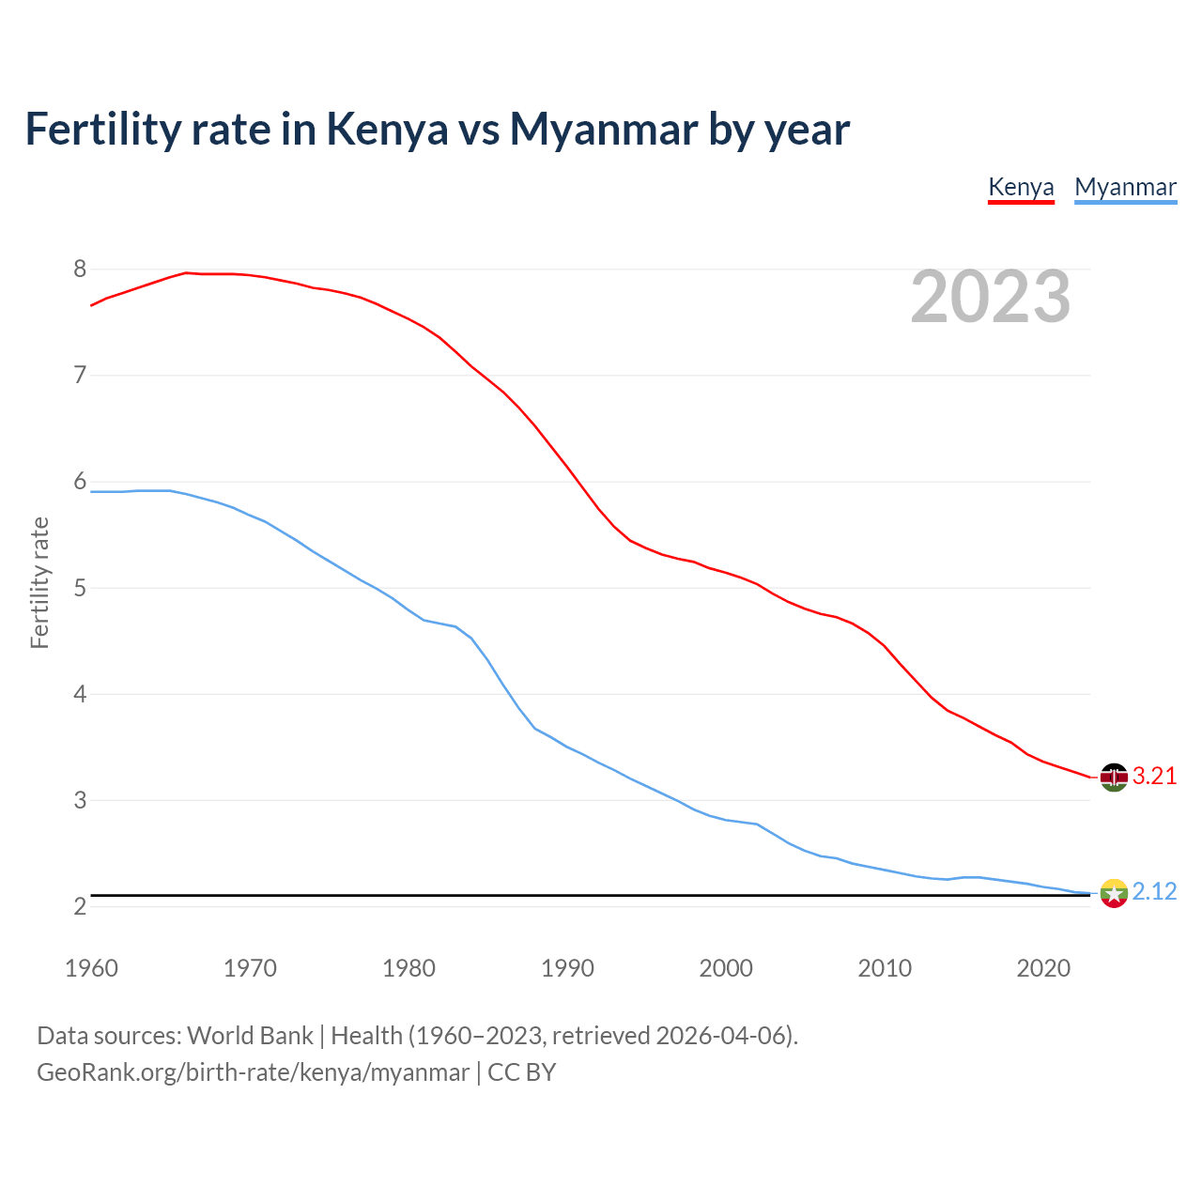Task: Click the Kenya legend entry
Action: pos(1021,187)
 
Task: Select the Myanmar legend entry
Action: pos(1125,187)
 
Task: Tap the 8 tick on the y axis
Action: pos(80,270)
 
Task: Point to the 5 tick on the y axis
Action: pos(80,588)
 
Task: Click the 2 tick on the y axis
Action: pos(80,906)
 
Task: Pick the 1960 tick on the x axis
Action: pos(91,968)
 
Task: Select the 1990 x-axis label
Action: pos(567,968)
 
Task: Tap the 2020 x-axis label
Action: pos(1043,968)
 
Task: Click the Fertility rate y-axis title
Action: pos(39,582)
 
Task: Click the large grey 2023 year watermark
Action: pos(991,298)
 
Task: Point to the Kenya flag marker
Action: pos(1114,777)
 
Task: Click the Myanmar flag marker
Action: pos(1114,893)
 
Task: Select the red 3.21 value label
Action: pos(1154,777)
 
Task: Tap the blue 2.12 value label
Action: pos(1154,892)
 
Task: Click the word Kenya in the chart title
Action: pos(387,129)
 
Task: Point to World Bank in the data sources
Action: pos(250,1036)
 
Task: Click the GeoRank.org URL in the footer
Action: pos(253,1072)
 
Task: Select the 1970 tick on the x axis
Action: pos(250,968)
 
